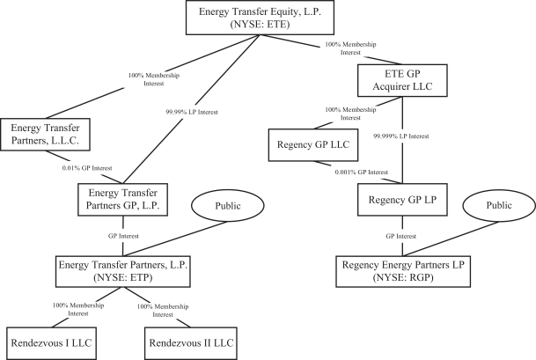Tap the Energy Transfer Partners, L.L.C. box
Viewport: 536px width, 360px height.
[46, 135]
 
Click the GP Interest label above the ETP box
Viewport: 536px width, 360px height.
[118, 235]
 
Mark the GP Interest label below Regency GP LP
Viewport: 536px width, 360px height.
[401, 237]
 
